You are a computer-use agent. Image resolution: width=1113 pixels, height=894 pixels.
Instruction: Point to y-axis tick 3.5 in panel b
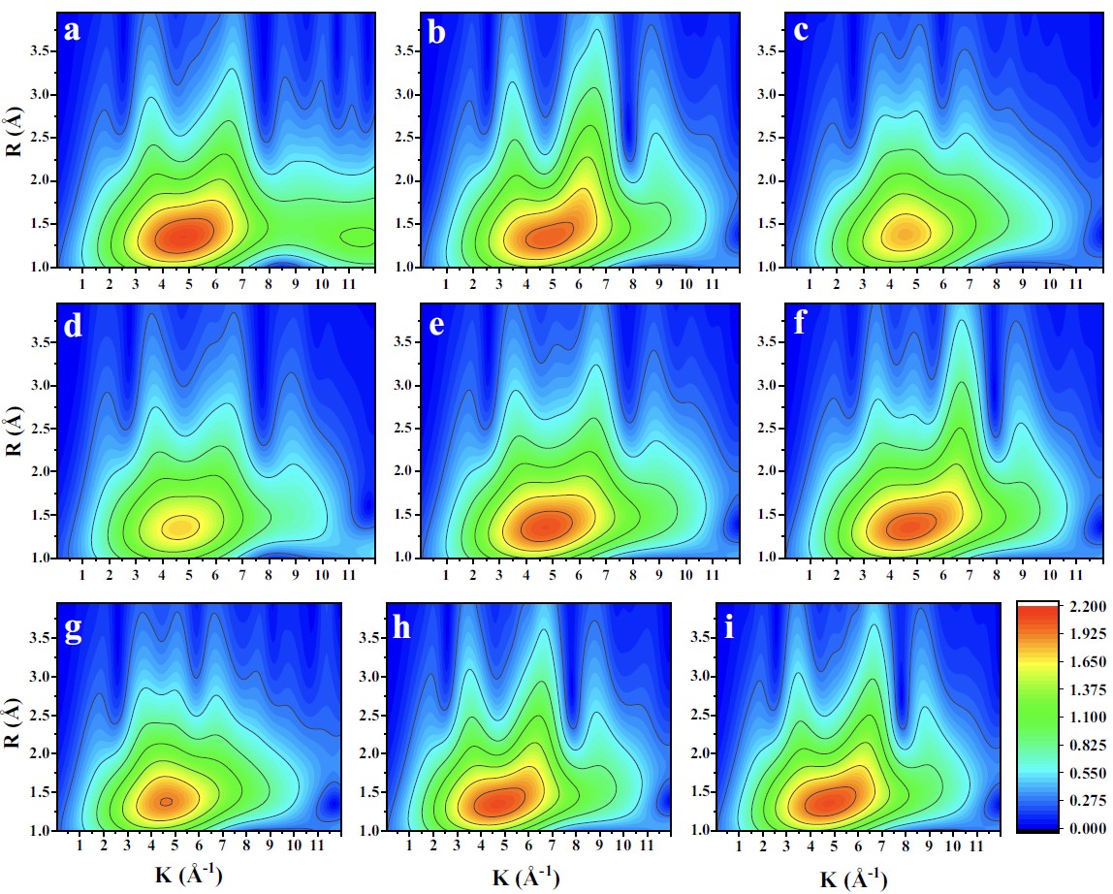(x=409, y=52)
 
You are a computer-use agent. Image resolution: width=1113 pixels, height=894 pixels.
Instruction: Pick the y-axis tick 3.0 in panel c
(x=773, y=95)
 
